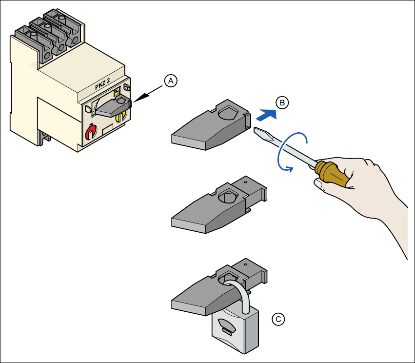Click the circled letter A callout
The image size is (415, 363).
coord(170,81)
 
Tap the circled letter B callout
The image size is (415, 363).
coord(282,102)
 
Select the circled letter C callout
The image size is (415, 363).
coord(278,319)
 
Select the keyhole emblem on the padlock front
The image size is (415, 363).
coord(226,325)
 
